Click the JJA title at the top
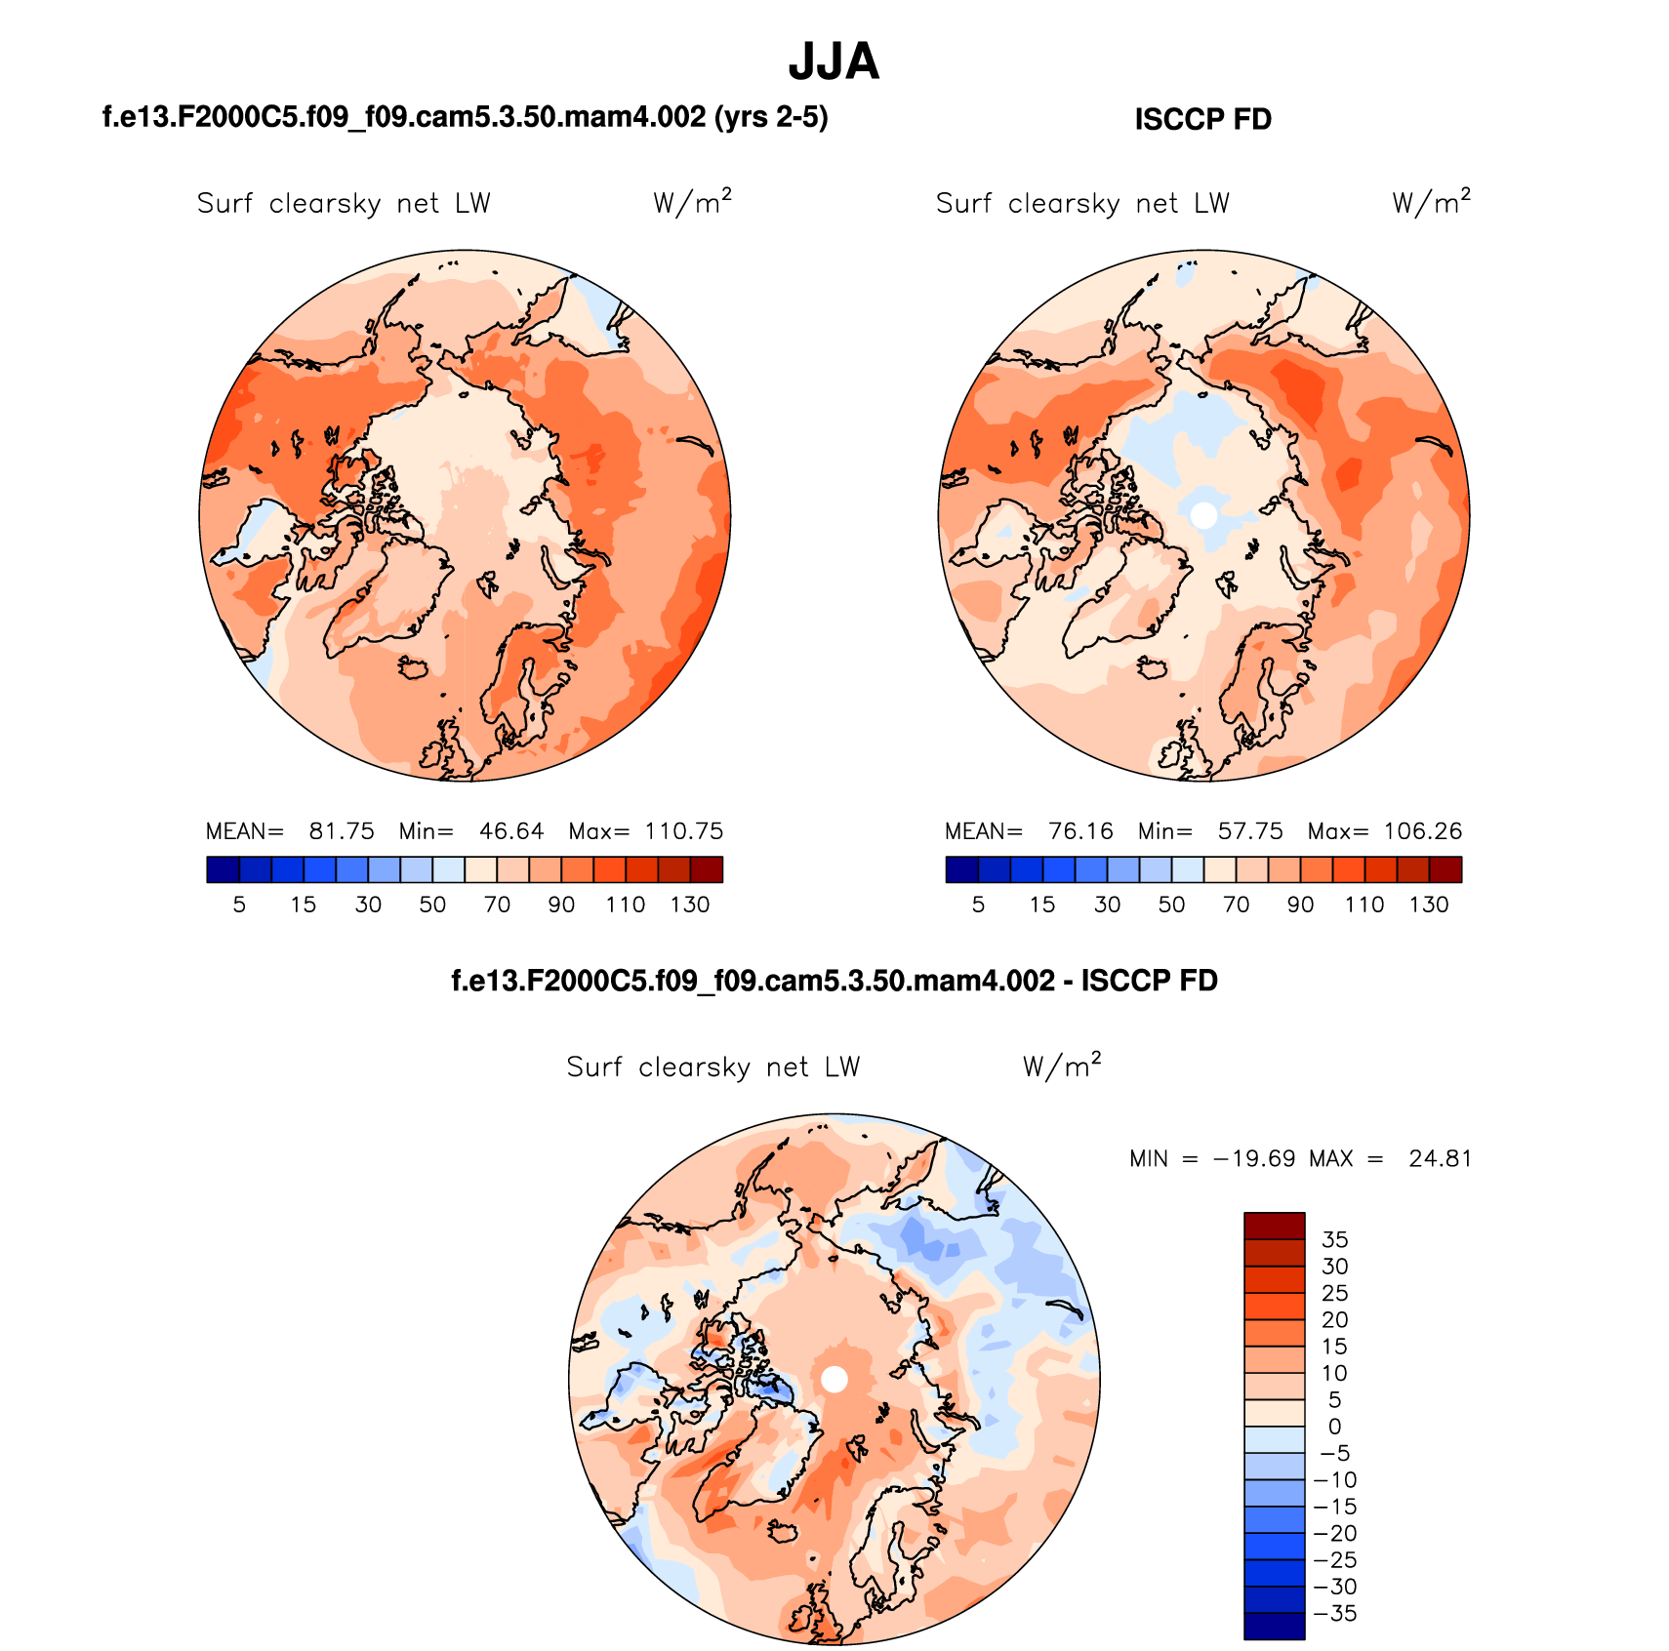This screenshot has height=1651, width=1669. (x=834, y=62)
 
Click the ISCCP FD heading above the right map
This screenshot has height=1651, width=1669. (x=1202, y=119)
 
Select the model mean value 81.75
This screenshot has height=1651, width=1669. (x=342, y=831)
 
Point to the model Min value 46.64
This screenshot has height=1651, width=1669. (x=511, y=831)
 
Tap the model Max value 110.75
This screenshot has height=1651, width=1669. (x=683, y=831)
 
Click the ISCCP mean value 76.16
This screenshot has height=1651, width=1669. (x=1080, y=831)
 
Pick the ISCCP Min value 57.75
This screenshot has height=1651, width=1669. (x=1250, y=831)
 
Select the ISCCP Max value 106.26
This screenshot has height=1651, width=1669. (x=1422, y=831)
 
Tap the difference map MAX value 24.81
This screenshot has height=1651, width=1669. (x=1440, y=1159)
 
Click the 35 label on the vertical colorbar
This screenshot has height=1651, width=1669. (x=1334, y=1239)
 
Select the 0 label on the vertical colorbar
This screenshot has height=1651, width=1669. (x=1334, y=1427)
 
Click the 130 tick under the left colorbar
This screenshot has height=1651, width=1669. (x=689, y=905)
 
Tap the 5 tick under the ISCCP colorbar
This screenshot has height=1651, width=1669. (x=978, y=905)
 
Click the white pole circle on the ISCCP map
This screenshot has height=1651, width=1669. (x=1204, y=514)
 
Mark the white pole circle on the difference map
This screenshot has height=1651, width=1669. (x=834, y=1379)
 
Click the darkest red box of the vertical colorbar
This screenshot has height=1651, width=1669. (x=1274, y=1226)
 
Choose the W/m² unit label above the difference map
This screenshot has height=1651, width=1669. (x=1062, y=1066)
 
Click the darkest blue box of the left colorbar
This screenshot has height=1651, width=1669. (x=223, y=869)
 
